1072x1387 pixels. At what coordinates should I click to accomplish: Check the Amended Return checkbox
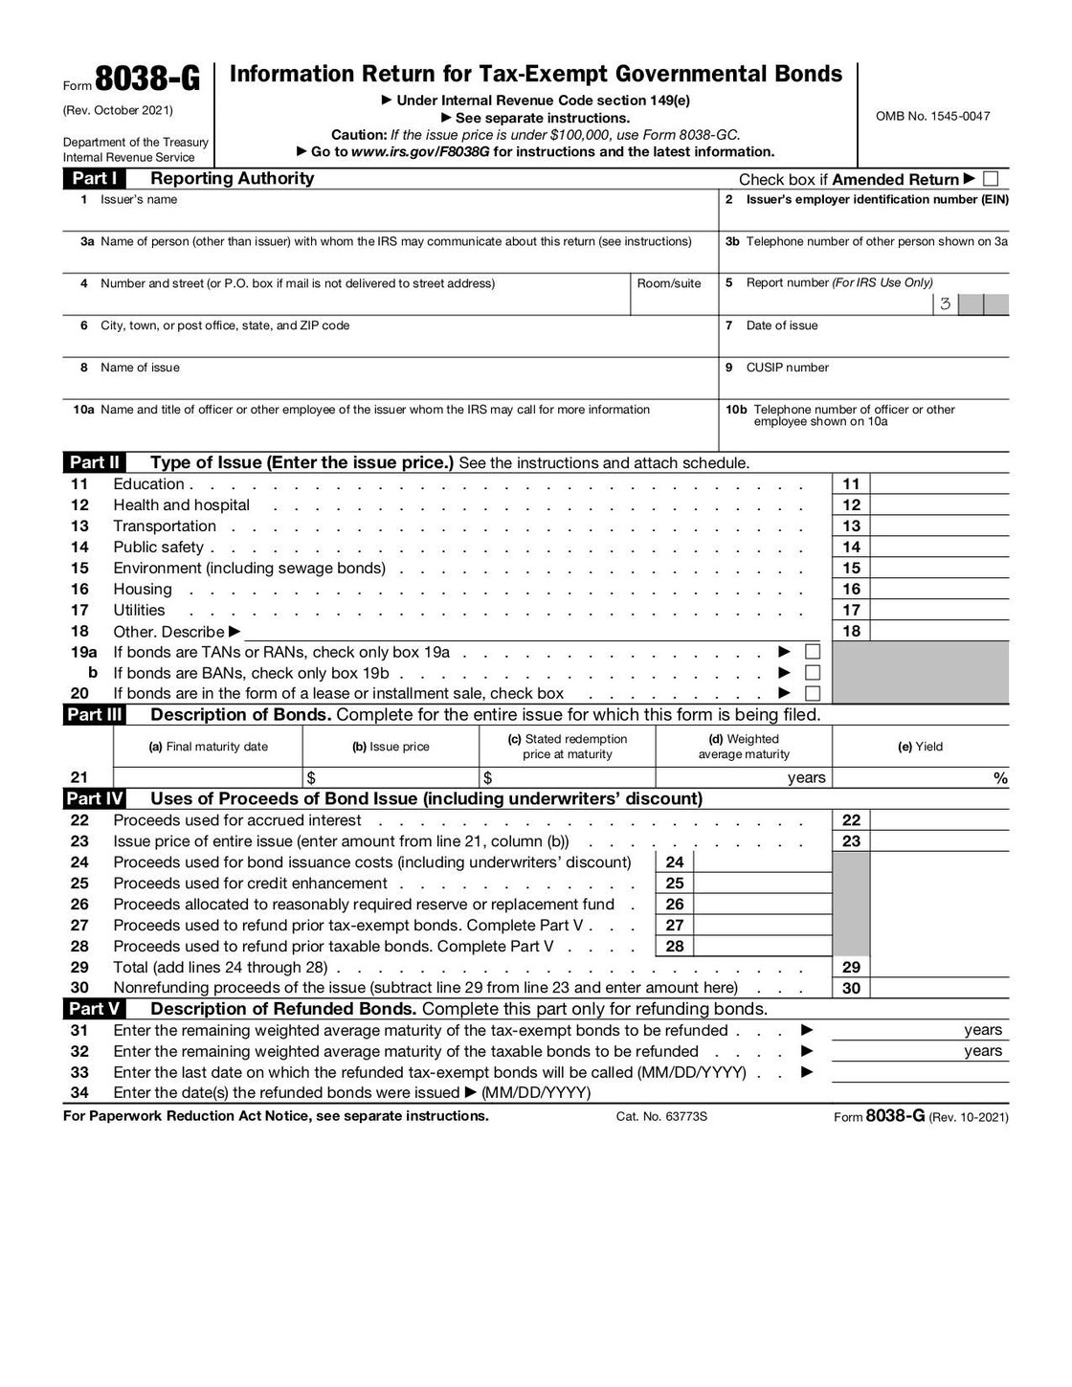point(991,179)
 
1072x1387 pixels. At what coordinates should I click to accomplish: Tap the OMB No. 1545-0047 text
point(932,117)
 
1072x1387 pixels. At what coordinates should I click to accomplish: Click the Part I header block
point(94,179)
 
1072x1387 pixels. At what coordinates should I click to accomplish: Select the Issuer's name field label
point(139,200)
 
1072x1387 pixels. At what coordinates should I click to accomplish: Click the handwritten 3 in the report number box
point(945,305)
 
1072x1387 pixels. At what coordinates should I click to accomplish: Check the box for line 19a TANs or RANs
point(813,652)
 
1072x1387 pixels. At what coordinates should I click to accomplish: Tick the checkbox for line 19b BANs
point(813,673)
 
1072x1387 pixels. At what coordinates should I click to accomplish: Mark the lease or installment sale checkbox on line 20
point(813,694)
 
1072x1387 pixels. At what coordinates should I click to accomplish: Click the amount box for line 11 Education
point(940,484)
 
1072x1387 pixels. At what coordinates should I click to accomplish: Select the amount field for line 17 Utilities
point(940,611)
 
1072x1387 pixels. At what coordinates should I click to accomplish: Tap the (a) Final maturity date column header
point(208,747)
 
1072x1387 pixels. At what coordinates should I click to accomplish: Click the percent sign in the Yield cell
point(1000,778)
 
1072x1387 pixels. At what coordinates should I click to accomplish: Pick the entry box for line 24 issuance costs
point(763,862)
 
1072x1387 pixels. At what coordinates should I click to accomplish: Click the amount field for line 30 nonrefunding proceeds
point(940,989)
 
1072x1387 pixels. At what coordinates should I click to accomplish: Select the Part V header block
point(94,1010)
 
